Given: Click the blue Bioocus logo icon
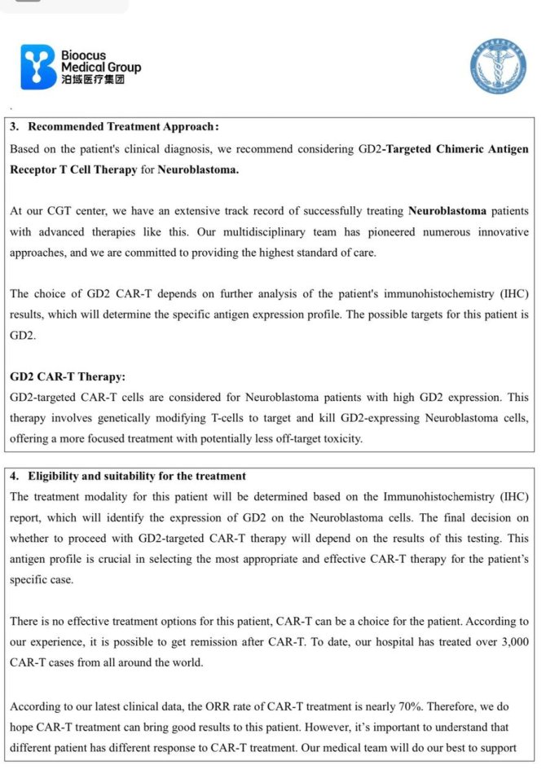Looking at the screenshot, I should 38,67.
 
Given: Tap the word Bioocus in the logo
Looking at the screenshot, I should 84,55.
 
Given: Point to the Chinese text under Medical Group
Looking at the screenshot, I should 93,80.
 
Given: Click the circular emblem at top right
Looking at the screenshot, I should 497,69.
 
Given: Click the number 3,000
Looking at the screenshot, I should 512,642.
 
